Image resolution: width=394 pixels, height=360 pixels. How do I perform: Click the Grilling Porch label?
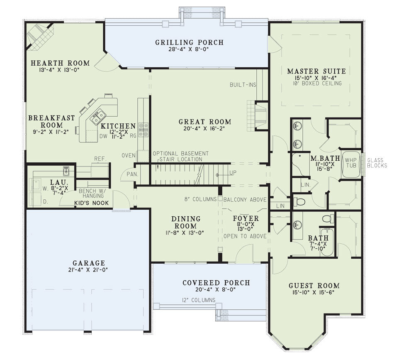click(189, 42)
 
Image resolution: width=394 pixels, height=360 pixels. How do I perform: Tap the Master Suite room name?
click(316, 71)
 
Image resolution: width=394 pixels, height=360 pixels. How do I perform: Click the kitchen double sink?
click(98, 117)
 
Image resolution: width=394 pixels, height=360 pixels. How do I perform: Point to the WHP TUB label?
click(350, 163)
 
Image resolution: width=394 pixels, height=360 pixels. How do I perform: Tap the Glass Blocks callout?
click(377, 163)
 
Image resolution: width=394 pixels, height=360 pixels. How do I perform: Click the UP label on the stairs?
click(233, 173)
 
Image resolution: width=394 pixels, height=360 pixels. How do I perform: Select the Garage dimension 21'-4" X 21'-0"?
click(88, 269)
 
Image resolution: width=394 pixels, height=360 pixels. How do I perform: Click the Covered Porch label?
click(216, 283)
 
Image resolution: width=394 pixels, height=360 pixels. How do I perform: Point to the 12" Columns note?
click(199, 300)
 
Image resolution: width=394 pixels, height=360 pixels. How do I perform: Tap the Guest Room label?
click(314, 286)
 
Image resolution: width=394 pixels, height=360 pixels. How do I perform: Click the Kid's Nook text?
click(92, 203)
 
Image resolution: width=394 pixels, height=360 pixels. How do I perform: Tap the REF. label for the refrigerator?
click(100, 159)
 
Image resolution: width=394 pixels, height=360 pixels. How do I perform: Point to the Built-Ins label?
click(243, 85)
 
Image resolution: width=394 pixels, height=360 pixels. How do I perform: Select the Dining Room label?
click(186, 222)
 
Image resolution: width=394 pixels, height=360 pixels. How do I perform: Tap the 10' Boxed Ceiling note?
click(317, 83)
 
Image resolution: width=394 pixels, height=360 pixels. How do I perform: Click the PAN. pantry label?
click(132, 174)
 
